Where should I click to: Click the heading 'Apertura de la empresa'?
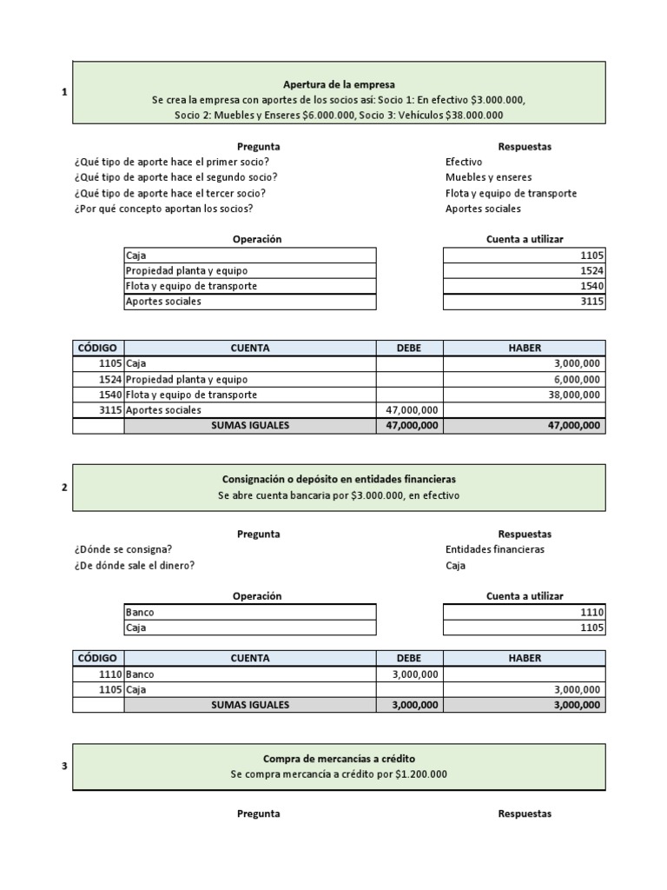(339, 84)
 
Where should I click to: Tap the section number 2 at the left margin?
(64, 487)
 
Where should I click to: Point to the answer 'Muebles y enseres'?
(488, 177)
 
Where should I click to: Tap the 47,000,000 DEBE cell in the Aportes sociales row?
(410, 409)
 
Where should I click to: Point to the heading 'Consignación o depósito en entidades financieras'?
(339, 479)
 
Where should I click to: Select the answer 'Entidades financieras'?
(494, 549)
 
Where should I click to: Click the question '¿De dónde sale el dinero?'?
(135, 565)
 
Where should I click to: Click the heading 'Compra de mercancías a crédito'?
(339, 759)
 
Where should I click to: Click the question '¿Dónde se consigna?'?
(122, 549)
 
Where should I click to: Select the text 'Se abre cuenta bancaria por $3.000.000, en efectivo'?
(339, 495)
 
